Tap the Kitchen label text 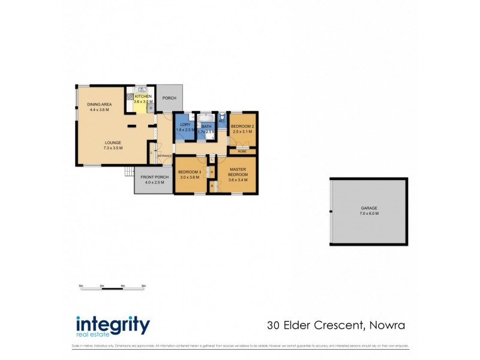coord(143,99)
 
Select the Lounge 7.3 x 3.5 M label coord(113,145)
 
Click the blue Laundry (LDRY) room coord(184,127)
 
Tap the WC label coord(222,121)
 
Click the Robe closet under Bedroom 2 coord(242,151)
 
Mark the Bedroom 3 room coord(190,175)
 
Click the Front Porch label coord(152,179)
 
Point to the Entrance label coord(165,156)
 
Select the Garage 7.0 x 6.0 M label coord(369,211)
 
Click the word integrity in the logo coord(113,325)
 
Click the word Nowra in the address coord(386,326)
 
